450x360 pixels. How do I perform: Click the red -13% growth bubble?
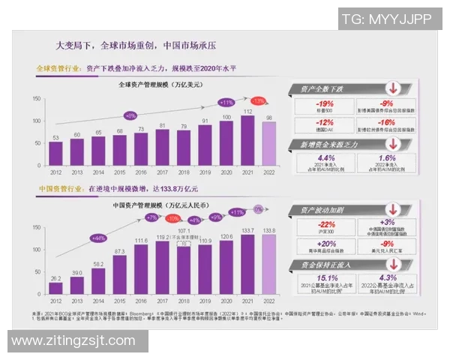259,100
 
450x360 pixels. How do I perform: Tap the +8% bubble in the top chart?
130,115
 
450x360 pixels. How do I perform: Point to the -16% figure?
386,122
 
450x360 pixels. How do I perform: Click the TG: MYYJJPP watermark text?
386,19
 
